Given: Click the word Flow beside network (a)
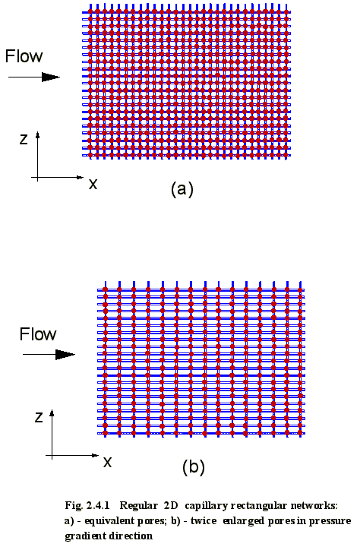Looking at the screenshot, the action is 24,56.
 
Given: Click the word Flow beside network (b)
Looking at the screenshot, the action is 38,334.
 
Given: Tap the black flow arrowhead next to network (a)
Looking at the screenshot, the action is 51,77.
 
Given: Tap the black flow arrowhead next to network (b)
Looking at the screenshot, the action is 65,355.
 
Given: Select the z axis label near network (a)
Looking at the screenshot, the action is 24,140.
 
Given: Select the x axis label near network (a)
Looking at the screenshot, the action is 93,184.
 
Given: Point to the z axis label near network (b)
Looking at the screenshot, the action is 39,417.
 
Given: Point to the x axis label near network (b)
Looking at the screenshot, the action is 108,463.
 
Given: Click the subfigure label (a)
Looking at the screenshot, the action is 182,189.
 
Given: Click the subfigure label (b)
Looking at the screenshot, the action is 194,467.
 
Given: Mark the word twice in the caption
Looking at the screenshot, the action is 204,520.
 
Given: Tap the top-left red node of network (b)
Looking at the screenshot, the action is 105,289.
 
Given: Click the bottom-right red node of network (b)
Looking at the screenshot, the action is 300,433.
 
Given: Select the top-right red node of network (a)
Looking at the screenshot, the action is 286,12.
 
